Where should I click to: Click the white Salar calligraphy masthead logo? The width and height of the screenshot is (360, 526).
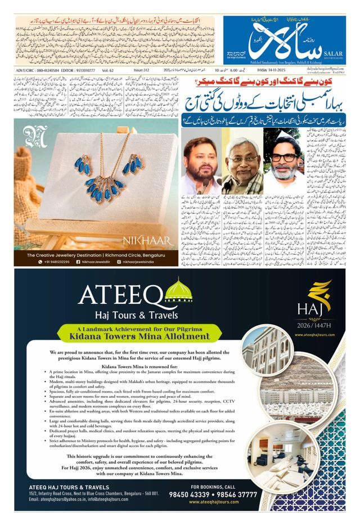point(264,39)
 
